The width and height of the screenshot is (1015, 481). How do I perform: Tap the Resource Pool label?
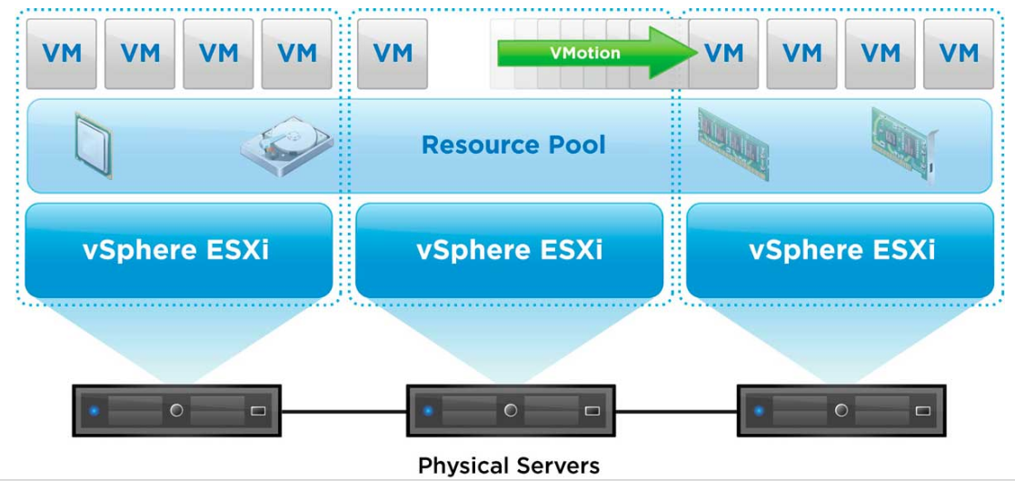pyautogui.click(x=513, y=145)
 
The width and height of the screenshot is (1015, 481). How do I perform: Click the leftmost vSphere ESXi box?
pyautogui.click(x=178, y=250)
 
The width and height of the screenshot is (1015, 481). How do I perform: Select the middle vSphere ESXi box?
pyautogui.click(x=509, y=250)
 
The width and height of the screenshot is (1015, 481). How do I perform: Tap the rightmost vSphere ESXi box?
pyautogui.click(x=841, y=250)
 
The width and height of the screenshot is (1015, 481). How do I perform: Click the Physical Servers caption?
pyautogui.click(x=509, y=466)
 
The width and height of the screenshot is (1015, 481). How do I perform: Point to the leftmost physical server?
pyautogui.click(x=176, y=411)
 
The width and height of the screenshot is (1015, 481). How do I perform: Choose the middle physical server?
pyautogui.click(x=509, y=411)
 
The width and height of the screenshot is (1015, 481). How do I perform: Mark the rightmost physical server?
pyautogui.click(x=841, y=411)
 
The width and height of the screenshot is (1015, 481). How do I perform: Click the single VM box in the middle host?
pyautogui.click(x=393, y=53)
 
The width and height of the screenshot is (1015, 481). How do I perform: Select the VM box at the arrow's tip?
pyautogui.click(x=724, y=53)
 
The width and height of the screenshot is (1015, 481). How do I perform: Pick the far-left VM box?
pyautogui.click(x=63, y=53)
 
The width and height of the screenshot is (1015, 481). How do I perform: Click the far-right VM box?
pyautogui.click(x=959, y=53)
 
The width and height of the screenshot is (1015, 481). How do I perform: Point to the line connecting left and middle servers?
pyautogui.click(x=343, y=411)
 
